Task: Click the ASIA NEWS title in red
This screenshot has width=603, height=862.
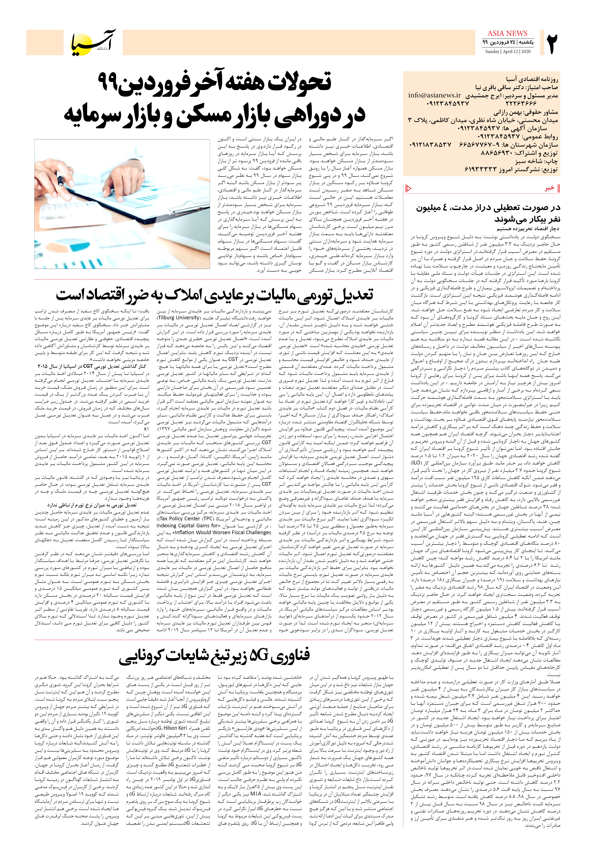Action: click(507, 33)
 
